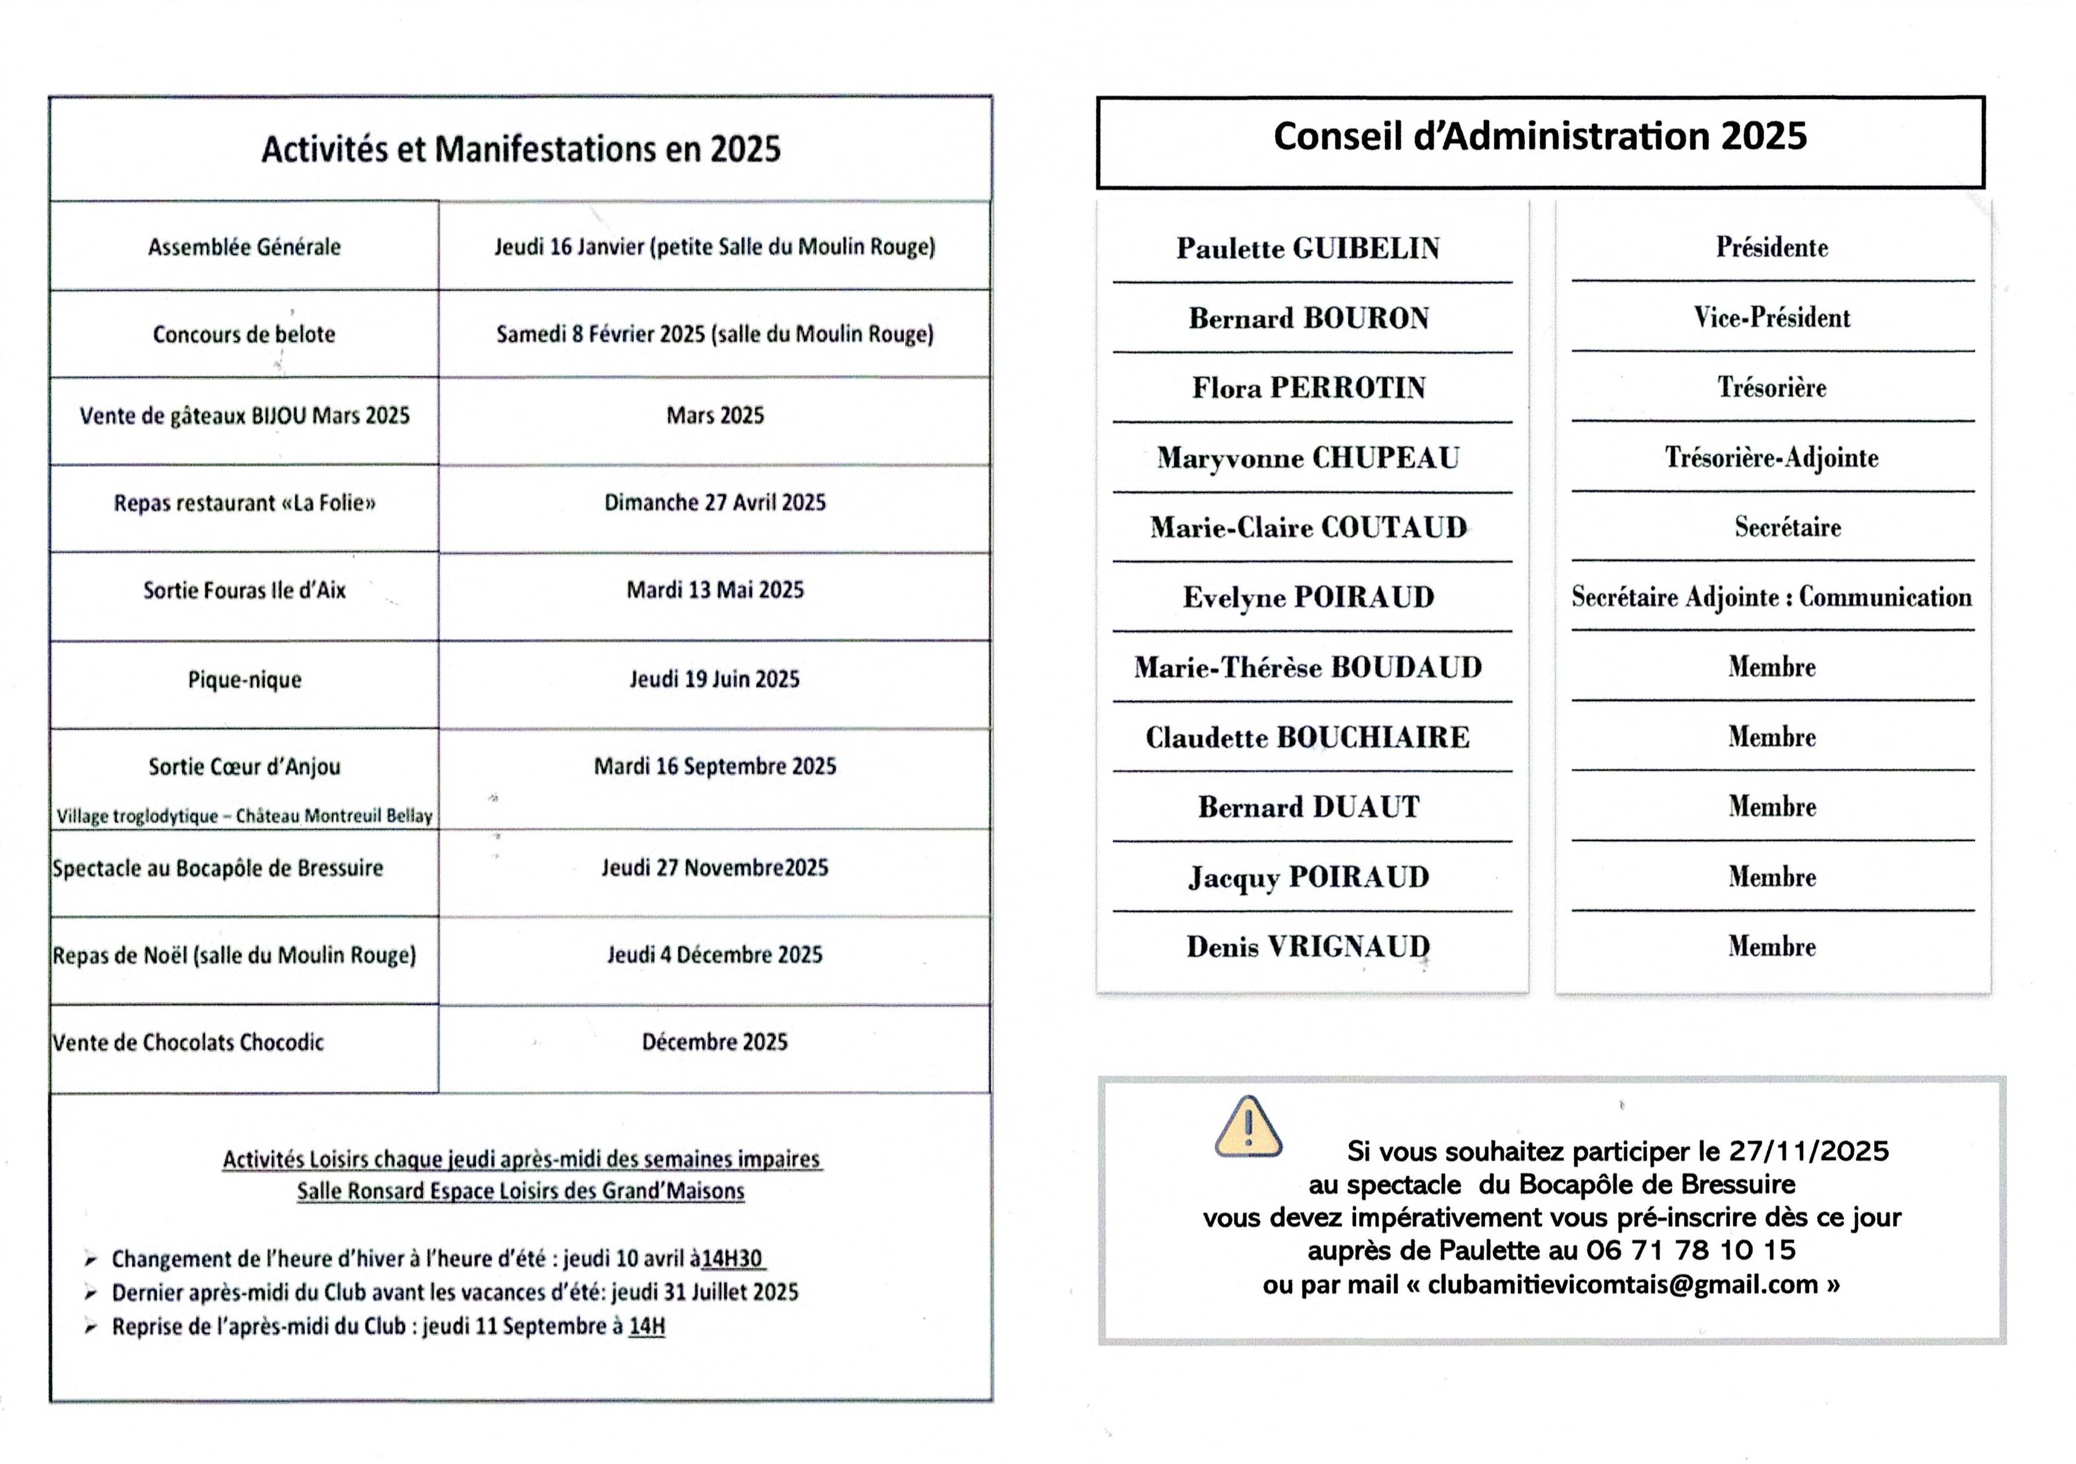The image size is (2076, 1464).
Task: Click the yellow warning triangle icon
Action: click(x=1248, y=1128)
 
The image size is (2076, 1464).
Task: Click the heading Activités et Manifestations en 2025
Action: click(x=521, y=149)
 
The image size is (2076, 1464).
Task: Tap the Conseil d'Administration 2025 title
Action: click(x=1540, y=137)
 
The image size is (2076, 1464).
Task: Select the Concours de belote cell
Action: click(x=244, y=334)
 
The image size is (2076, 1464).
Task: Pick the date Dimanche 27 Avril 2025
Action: click(x=714, y=503)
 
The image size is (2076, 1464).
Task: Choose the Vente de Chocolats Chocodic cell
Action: click(x=188, y=1043)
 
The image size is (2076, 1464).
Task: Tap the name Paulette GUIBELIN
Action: click(x=1308, y=249)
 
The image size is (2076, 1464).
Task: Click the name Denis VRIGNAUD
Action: click(x=1308, y=947)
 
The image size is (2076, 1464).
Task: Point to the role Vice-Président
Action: click(x=1771, y=317)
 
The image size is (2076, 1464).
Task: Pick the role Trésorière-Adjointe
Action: click(x=1771, y=458)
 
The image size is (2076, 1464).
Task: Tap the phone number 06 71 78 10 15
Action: click(x=1691, y=1251)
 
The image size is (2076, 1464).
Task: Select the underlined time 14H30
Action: click(x=733, y=1259)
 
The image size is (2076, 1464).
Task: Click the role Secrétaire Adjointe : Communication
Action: click(x=1771, y=597)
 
